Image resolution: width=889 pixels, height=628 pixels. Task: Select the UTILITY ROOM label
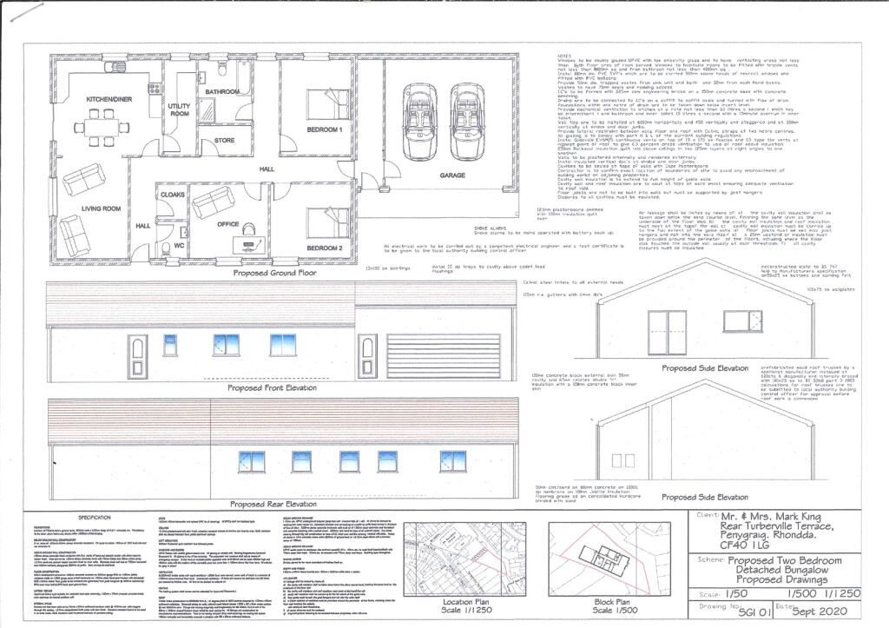(x=180, y=109)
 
